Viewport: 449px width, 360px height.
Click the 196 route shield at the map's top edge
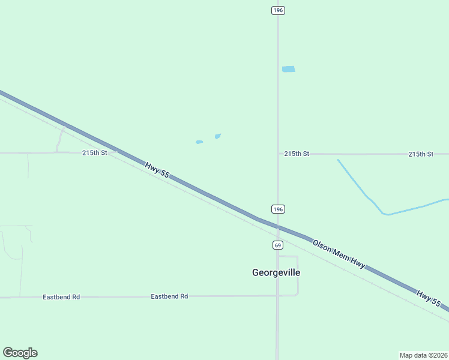(277, 10)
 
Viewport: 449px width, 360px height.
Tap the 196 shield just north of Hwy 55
(277, 209)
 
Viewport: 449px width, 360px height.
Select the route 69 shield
(277, 245)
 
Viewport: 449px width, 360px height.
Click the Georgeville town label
(276, 272)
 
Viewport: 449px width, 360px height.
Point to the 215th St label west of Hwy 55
(94, 153)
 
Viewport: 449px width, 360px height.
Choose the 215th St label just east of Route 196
(297, 154)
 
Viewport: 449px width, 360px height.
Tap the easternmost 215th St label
(421, 154)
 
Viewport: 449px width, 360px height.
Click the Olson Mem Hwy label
(339, 254)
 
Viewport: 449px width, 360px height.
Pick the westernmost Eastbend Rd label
(61, 297)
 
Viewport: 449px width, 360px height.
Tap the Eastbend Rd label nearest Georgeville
(169, 296)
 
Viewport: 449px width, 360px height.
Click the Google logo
(20, 353)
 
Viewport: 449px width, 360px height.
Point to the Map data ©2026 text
(423, 355)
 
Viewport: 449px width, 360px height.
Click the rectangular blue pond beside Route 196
(289, 69)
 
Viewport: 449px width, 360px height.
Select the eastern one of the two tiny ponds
(217, 136)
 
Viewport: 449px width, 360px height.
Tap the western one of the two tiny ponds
(199, 142)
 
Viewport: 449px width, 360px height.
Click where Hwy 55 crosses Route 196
(277, 226)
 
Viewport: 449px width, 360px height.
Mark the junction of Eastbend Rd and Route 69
(277, 296)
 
